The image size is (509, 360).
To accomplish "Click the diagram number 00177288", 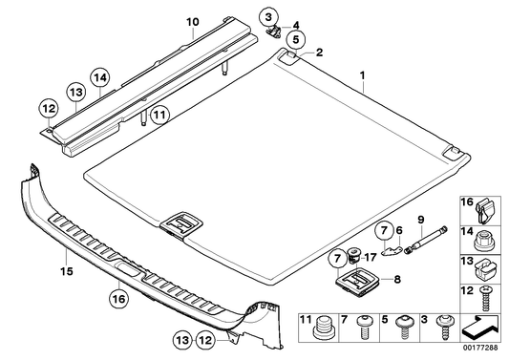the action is (481, 348).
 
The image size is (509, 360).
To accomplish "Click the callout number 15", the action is (67, 271).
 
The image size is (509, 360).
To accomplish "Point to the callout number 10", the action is (193, 22).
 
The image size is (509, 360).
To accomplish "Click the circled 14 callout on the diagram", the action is (100, 77).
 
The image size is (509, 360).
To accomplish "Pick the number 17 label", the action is (371, 257).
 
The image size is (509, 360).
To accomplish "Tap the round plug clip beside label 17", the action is (352, 254).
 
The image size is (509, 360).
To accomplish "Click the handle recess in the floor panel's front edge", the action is (181, 225).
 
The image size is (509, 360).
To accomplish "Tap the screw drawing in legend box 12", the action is (486, 298).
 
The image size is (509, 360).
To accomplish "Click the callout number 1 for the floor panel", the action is (362, 75).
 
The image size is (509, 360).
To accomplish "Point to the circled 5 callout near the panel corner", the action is (295, 39).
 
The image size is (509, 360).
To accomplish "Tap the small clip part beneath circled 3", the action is (273, 32).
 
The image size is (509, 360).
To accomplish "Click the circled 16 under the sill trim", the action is (119, 299).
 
